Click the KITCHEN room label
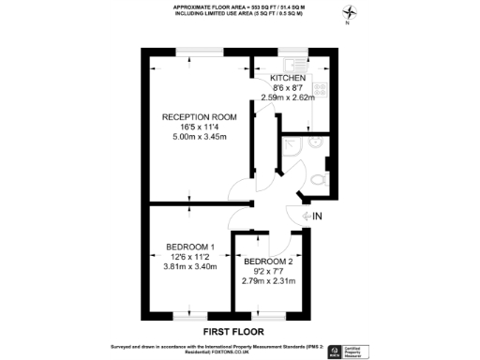pos(287,77)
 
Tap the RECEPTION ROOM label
pos(199,117)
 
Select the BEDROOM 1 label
pos(191,247)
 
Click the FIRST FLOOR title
pos(233,332)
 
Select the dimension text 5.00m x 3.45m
pos(199,138)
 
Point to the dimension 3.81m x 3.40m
pos(191,267)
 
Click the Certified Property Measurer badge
pos(354,352)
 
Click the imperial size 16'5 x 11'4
pos(199,127)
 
